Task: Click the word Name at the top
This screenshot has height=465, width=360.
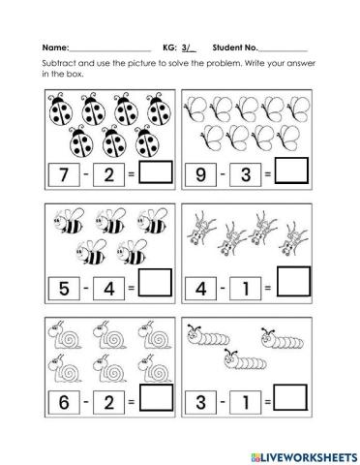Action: click(x=55, y=47)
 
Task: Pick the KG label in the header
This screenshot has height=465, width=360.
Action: click(x=168, y=47)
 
